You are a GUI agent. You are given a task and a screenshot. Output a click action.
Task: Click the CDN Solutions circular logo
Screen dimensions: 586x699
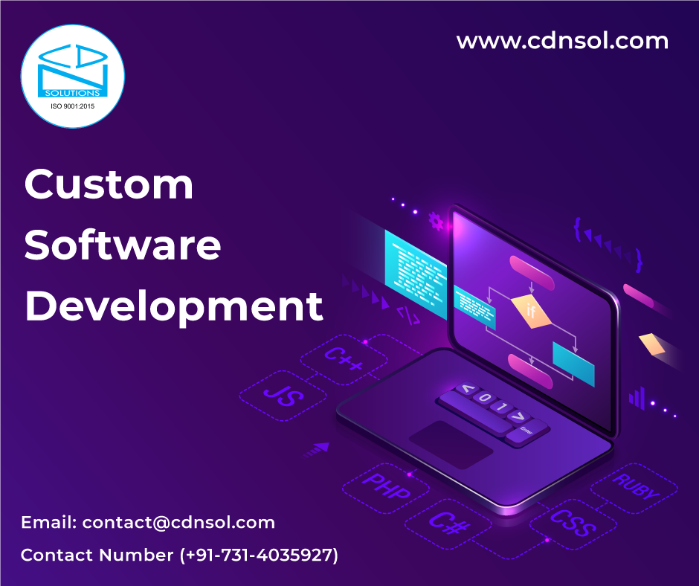[73, 75]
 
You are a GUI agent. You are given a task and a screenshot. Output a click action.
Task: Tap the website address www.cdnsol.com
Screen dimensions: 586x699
[562, 41]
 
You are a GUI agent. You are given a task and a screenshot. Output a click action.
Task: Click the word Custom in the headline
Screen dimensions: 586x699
[109, 186]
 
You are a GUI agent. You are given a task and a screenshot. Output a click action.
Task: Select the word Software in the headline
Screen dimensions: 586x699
[123, 246]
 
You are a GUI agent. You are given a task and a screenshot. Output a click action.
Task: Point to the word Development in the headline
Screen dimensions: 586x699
[174, 306]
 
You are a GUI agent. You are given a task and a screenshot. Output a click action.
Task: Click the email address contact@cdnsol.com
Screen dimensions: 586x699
[178, 522]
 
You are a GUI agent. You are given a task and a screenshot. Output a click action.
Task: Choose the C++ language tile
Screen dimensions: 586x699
[344, 355]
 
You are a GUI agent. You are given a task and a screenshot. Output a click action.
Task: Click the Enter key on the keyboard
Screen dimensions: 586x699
[526, 431]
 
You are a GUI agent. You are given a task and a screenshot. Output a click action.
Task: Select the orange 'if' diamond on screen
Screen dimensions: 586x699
[532, 310]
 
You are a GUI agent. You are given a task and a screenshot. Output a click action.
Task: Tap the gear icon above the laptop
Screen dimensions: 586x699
[436, 221]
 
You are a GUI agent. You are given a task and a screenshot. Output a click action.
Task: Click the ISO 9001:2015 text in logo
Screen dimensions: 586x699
[72, 106]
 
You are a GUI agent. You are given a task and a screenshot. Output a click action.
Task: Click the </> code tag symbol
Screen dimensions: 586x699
[408, 315]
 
